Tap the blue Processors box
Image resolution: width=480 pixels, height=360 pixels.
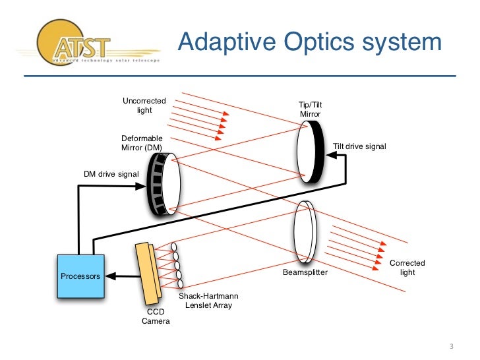80,276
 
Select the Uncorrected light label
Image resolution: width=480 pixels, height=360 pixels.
144,105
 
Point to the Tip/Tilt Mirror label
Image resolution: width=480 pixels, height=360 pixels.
310,109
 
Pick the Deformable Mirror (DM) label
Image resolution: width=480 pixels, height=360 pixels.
141,143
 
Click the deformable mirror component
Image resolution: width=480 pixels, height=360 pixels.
162,184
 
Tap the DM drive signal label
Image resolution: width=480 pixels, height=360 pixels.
111,173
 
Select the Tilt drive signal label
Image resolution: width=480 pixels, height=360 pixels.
359,146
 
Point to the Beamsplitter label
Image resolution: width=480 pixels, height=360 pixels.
305,272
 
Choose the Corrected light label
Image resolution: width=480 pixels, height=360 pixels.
407,268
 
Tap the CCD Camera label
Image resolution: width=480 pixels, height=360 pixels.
156,316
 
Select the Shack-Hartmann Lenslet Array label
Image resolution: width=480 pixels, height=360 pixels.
206,301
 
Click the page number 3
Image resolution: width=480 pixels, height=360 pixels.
452,347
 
